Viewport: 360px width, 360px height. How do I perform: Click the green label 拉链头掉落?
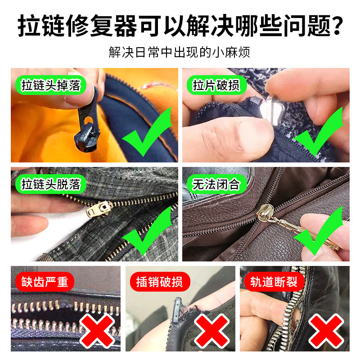coord(50,85)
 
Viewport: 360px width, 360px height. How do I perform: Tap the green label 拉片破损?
coord(216,85)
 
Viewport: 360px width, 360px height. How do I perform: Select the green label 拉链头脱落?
coord(50,184)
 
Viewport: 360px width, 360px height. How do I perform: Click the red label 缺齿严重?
coord(45,282)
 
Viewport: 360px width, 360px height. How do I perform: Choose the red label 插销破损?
coord(159,282)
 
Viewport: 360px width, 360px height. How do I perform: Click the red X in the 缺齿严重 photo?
coord(96,328)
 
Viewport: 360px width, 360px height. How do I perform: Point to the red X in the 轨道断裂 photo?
coord(326,328)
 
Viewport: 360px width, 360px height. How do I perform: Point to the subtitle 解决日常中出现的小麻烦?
coord(180,52)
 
